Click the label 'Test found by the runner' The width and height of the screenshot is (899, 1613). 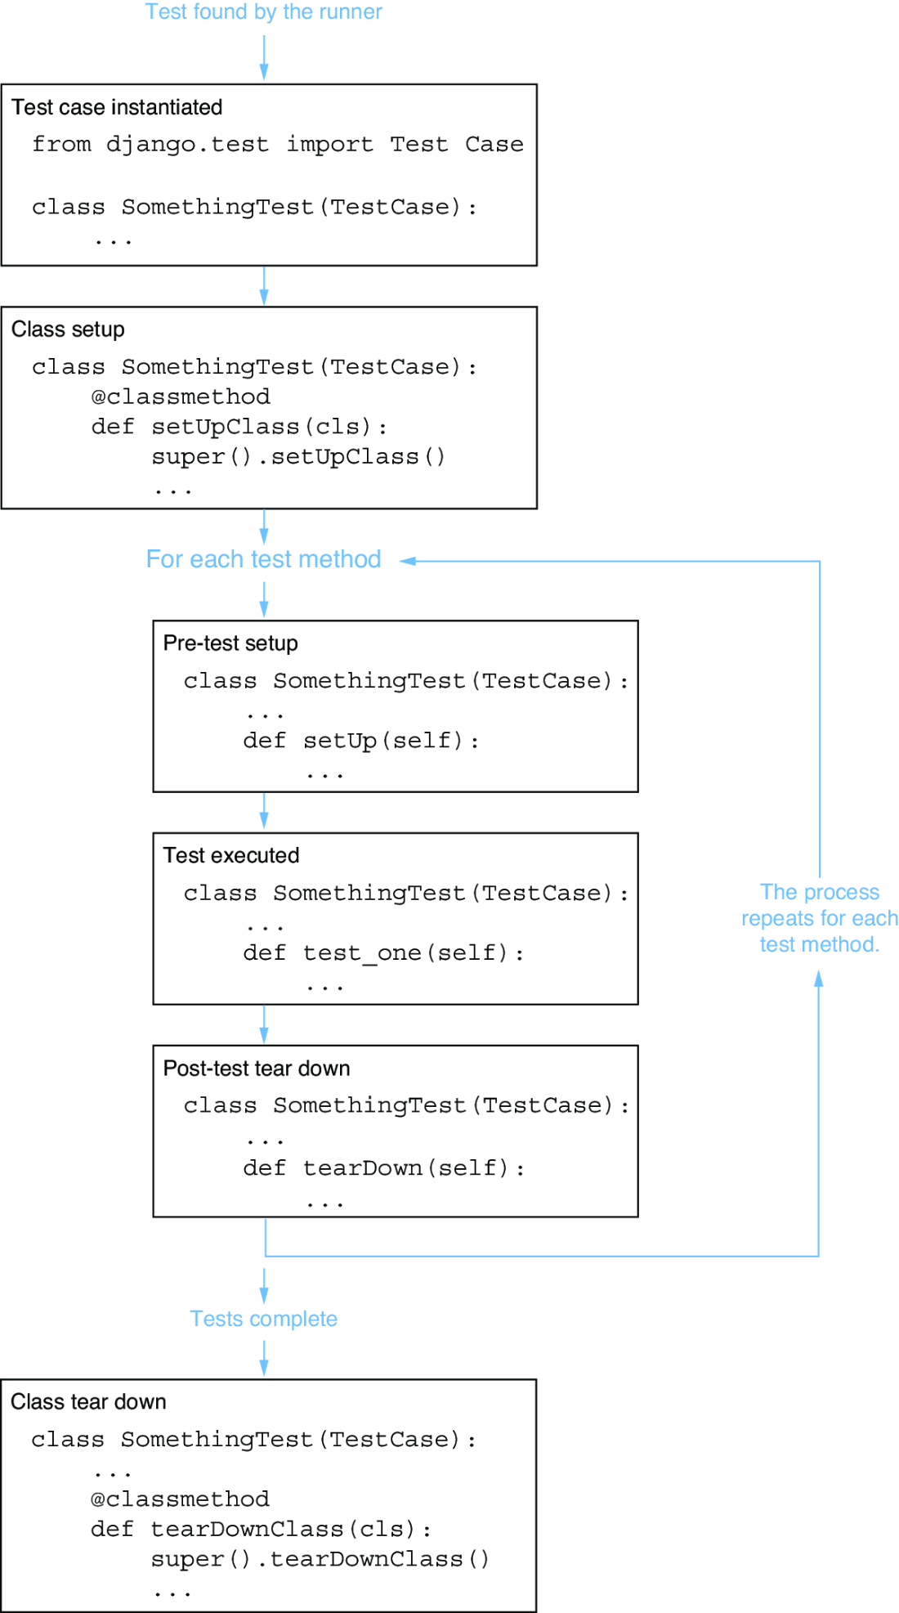(x=263, y=11)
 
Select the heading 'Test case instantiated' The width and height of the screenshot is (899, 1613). (x=117, y=107)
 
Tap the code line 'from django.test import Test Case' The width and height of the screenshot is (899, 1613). (x=278, y=145)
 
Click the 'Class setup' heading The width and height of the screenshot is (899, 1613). (x=68, y=329)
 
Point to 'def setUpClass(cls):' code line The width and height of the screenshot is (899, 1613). (x=239, y=427)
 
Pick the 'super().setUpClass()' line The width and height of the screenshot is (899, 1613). (x=298, y=456)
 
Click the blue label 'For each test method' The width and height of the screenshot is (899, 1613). (x=263, y=559)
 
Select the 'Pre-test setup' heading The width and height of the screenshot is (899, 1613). (x=230, y=643)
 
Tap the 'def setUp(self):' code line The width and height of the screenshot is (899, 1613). (x=360, y=741)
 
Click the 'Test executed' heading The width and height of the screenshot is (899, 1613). (x=231, y=855)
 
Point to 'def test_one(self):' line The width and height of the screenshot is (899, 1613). (x=383, y=953)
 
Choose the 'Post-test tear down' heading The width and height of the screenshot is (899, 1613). (x=257, y=1069)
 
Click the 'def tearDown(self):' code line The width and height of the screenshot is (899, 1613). (x=383, y=1168)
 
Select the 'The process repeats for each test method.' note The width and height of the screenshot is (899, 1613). (x=820, y=918)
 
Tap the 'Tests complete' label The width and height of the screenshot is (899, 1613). (x=263, y=1319)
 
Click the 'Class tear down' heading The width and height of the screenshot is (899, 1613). (x=88, y=1402)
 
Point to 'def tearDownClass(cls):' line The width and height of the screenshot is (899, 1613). (x=261, y=1529)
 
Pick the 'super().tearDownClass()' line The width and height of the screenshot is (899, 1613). (x=320, y=1559)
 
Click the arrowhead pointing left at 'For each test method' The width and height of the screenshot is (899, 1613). (x=407, y=561)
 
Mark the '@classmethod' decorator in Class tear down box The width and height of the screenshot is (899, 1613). (x=180, y=1499)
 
